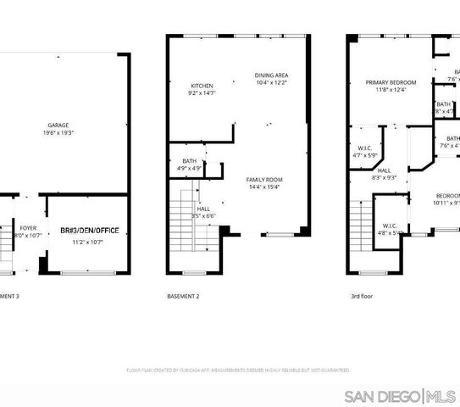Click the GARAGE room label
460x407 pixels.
(57, 125)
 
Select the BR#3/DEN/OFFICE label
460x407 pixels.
(89, 231)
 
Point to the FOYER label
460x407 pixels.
(28, 227)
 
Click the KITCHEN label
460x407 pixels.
(202, 86)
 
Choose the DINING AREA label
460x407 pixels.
(271, 75)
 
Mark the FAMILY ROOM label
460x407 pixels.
(264, 180)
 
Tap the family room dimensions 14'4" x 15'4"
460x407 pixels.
(264, 187)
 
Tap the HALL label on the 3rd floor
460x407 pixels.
(384, 170)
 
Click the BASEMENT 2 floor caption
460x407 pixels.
(183, 295)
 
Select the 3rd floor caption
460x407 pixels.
(362, 295)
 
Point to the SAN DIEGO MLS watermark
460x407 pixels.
(402, 396)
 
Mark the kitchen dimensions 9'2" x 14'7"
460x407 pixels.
(202, 93)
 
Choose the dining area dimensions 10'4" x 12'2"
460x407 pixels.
(271, 83)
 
